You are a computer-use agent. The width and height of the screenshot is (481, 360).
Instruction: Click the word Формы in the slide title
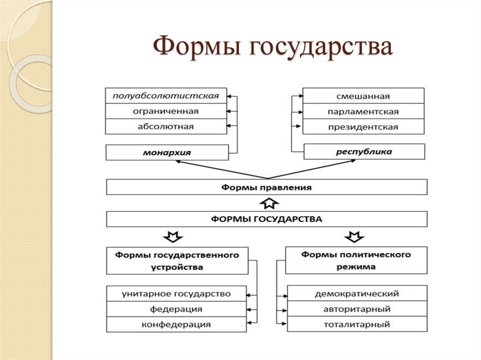pos(194,48)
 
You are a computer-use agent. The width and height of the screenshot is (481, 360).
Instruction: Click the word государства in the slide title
pos(315,48)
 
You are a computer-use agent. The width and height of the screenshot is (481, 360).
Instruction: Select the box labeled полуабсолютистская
pos(166,96)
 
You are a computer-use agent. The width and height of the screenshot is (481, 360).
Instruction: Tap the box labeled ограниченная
pos(166,111)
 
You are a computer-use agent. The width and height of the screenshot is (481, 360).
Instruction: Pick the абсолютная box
pos(166,127)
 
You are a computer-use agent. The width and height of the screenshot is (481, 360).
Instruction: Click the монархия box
pos(167,153)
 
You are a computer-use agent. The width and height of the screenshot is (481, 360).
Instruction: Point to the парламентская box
pos(363,111)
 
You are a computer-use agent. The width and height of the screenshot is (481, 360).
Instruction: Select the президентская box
pos(363,127)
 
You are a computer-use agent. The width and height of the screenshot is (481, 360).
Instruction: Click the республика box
pos(364,152)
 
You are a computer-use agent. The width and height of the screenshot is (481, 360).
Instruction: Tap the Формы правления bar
pos(267,187)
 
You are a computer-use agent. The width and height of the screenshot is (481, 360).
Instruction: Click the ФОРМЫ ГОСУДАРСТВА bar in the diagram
pos(267,219)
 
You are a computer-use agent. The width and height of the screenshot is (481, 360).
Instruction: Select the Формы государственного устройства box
pos(177,260)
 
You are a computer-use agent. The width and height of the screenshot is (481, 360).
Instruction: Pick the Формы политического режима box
pos(356,260)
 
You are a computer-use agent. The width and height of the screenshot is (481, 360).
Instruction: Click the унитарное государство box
pos(177,294)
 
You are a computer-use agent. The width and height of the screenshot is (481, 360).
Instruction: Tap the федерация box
pos(177,309)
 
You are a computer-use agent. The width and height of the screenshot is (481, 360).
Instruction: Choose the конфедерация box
pos(177,324)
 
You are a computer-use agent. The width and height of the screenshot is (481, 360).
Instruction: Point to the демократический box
pos(357,294)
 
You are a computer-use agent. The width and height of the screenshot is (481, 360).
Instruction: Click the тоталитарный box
pos(357,324)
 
